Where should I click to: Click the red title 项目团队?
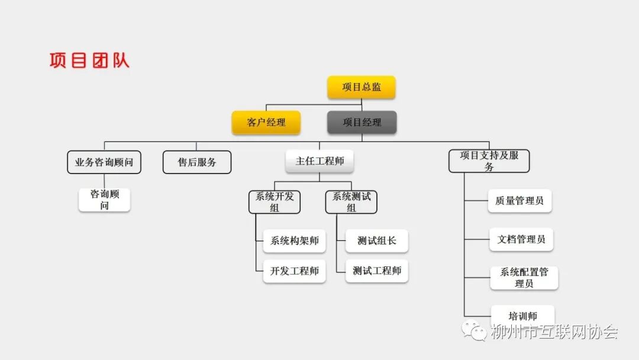tap(89, 60)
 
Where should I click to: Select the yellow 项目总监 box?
tap(362, 87)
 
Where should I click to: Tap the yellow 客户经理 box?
tap(266, 123)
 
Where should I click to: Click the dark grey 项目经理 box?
tap(362, 123)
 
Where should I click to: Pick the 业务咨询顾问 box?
tap(104, 162)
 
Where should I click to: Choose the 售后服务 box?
tap(197, 162)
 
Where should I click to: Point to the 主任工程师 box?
tap(319, 160)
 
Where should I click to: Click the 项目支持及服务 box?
tap(489, 161)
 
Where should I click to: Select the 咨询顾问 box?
tap(104, 200)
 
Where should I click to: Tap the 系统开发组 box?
tap(274, 202)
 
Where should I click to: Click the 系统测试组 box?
tap(351, 202)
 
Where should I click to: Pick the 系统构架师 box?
tap(294, 241)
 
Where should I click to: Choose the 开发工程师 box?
tap(294, 271)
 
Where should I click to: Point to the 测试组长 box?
tap(376, 241)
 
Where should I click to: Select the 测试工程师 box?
tap(376, 271)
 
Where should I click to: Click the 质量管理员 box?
tap(519, 201)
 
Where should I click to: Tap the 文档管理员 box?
tap(521, 240)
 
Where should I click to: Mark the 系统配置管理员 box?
tap(524, 278)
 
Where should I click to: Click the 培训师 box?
tap(522, 315)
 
